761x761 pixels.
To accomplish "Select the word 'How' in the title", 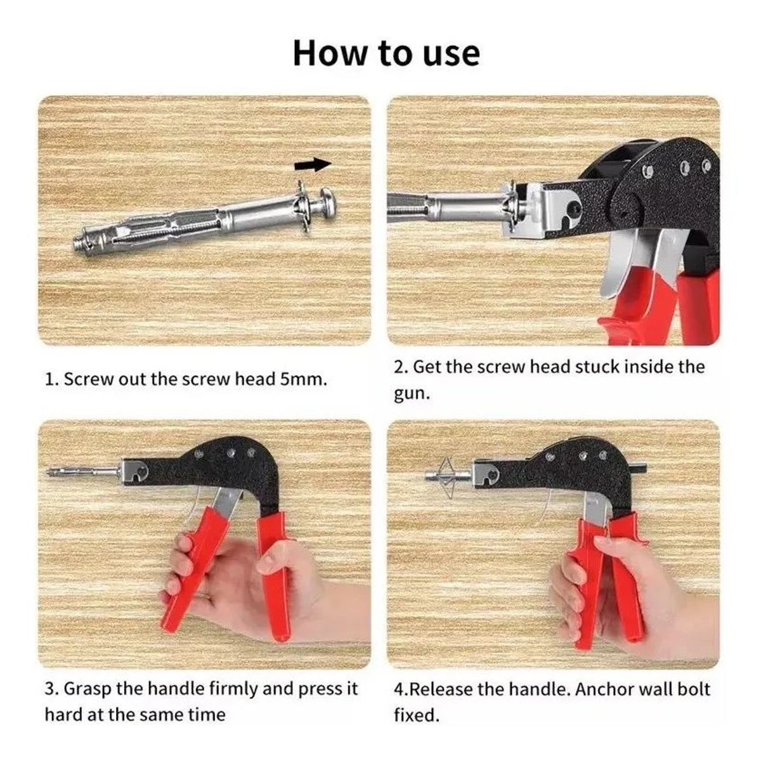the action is tap(330, 53).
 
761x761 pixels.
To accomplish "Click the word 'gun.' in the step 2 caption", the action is tap(412, 394).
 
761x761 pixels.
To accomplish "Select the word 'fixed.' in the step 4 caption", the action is tap(417, 715).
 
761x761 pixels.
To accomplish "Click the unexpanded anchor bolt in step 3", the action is tap(83, 471).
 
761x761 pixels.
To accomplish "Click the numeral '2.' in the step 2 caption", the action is tap(400, 367).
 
